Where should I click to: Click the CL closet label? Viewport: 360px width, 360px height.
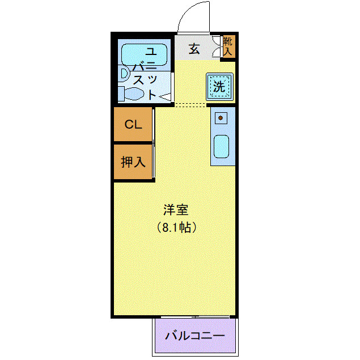pyautogui.click(x=133, y=124)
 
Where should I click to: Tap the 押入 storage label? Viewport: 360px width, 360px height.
pyautogui.click(x=133, y=162)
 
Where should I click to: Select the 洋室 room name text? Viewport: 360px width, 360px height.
pyautogui.click(x=176, y=210)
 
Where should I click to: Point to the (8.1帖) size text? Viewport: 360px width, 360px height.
pyautogui.click(x=176, y=227)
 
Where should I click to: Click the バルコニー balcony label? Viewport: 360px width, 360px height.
pyautogui.click(x=195, y=336)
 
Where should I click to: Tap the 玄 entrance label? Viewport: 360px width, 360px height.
pyautogui.click(x=194, y=49)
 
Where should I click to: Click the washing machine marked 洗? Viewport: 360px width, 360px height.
pyautogui.click(x=220, y=87)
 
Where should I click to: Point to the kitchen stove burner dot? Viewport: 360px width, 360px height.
pyautogui.click(x=221, y=118)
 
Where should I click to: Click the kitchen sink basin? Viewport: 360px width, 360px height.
pyautogui.click(x=221, y=146)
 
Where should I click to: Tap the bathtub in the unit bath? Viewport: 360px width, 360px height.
pyautogui.click(x=144, y=54)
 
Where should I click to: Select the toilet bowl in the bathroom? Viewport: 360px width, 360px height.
pyautogui.click(x=133, y=94)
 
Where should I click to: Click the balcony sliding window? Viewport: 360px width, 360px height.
pyautogui.click(x=195, y=317)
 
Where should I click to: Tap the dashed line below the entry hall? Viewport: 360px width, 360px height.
pyautogui.click(x=190, y=105)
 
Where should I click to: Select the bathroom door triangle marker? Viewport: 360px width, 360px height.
pyautogui.click(x=166, y=97)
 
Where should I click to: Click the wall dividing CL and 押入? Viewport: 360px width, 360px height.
pyautogui.click(x=133, y=143)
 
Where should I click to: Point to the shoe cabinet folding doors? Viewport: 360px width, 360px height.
pyautogui.click(x=216, y=46)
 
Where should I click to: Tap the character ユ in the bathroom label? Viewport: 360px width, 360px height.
pyautogui.click(x=151, y=51)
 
